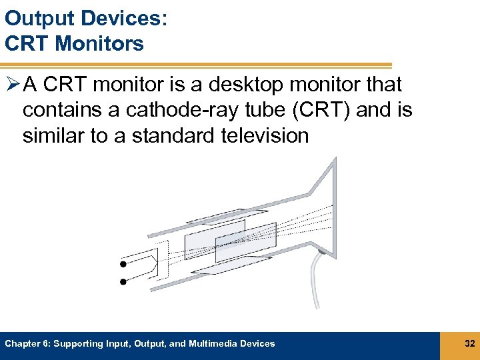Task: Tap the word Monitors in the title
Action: [x=99, y=43]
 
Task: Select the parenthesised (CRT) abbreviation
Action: [x=315, y=110]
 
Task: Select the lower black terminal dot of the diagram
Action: [x=123, y=281]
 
